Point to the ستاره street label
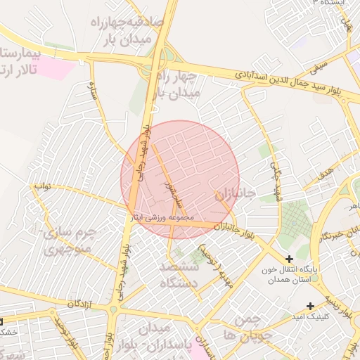point(91,90)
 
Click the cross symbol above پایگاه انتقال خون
point(290,259)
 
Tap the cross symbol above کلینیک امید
point(310,305)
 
